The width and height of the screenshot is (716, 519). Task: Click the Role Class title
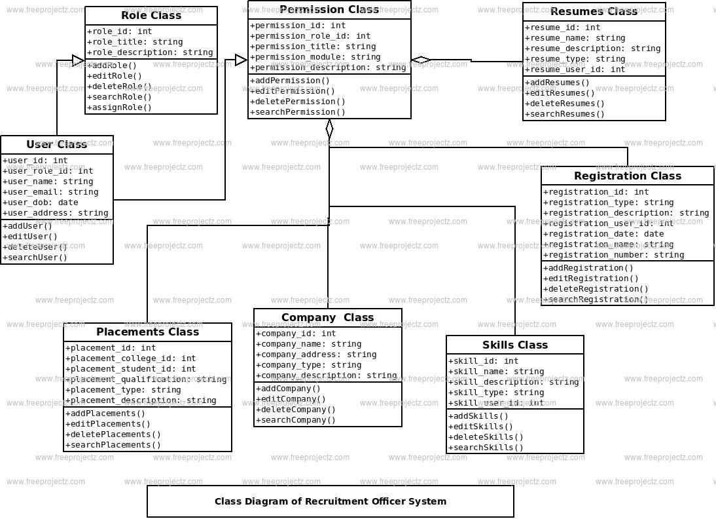(151, 16)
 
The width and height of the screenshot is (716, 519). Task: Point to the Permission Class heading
(329, 10)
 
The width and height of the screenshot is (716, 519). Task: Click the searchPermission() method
(300, 112)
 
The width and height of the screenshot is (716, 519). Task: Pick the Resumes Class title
(594, 12)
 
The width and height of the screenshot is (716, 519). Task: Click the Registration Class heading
(627, 176)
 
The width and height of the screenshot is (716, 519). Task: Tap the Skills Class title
(515, 345)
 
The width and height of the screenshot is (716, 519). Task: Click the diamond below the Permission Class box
(329, 128)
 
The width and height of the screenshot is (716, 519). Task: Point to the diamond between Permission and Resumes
(421, 60)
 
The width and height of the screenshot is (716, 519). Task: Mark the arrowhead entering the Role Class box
(79, 60)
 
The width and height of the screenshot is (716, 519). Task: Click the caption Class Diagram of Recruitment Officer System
(331, 501)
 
